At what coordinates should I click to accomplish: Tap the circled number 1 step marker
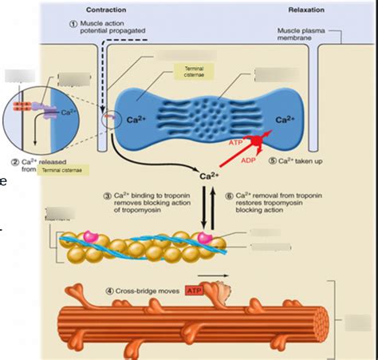[x=74, y=25]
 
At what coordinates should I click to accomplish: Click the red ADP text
[x=247, y=159]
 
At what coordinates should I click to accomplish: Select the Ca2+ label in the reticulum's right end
[x=285, y=121]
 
